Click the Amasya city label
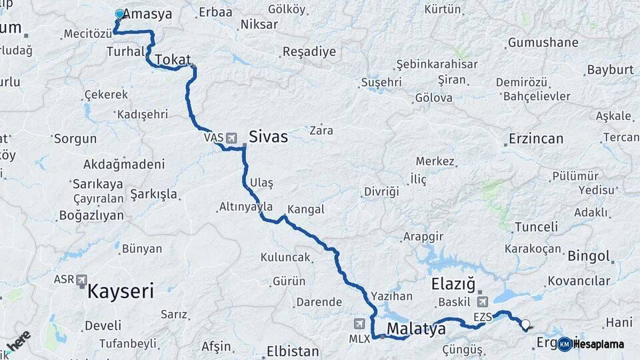click(147, 14)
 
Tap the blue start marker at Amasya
click(119, 13)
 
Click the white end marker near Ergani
click(525, 325)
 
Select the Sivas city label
click(268, 137)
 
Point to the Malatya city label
click(416, 329)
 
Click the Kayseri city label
click(121, 291)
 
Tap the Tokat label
click(173, 61)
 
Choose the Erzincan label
click(535, 139)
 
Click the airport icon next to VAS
click(231, 138)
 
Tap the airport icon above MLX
click(360, 323)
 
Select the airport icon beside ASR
click(82, 280)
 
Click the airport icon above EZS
click(483, 302)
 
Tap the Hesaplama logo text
click(598, 344)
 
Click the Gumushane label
click(543, 43)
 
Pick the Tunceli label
click(536, 227)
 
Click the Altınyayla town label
click(246, 207)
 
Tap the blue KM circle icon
click(564, 344)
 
